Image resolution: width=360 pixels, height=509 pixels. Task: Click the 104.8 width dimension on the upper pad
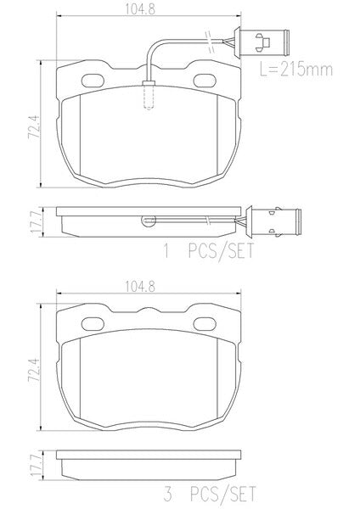tap(140, 9)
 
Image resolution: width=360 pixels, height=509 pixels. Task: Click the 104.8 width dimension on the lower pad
tap(140, 287)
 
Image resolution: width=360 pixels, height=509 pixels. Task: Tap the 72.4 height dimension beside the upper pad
tap(34, 126)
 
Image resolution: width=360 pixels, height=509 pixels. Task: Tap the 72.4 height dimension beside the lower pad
tap(34, 369)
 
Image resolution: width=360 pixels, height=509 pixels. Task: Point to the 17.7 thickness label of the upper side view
tap(36, 221)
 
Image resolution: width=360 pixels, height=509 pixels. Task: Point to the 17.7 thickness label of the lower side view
tap(36, 465)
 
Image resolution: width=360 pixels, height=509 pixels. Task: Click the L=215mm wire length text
tap(296, 70)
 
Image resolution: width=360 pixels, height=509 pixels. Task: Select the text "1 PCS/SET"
tap(209, 251)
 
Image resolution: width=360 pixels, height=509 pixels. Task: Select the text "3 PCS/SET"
tap(210, 494)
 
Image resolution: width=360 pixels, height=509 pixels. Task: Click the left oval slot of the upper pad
tap(93, 81)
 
